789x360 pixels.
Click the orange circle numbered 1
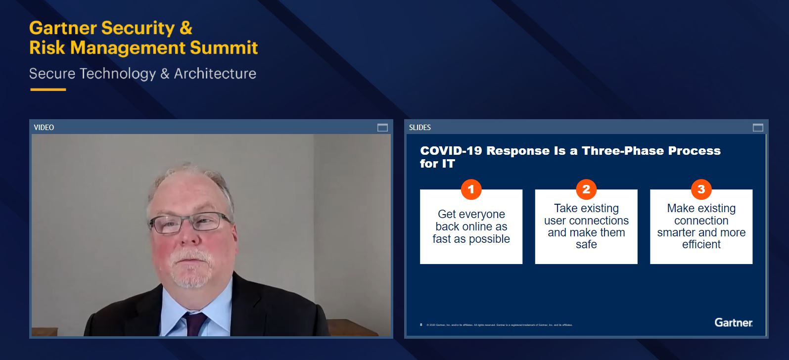[x=471, y=189]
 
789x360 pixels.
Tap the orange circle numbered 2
[x=586, y=189]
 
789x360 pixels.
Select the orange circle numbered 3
[x=701, y=189]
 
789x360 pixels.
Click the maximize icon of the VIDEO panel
[x=382, y=128]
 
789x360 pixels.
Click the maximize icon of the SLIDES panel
[x=758, y=128]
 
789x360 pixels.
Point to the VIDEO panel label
[x=44, y=128]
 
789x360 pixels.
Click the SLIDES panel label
[x=420, y=128]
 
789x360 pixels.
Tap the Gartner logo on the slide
[x=733, y=322]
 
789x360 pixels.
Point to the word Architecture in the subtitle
[x=215, y=74]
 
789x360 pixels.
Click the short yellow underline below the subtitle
[x=48, y=90]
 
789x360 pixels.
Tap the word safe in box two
[x=586, y=245]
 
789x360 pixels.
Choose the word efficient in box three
[x=701, y=245]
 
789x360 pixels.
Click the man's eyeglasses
[x=190, y=222]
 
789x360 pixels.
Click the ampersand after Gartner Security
[x=186, y=28]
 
